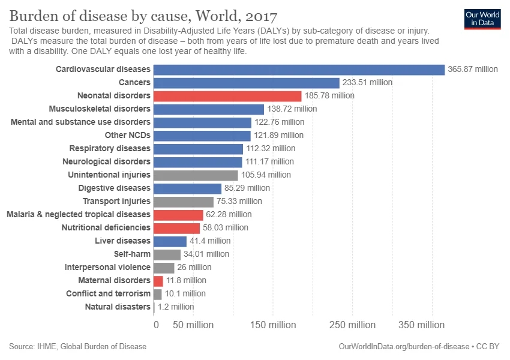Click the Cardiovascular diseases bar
pos(299,70)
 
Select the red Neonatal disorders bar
pos(227,96)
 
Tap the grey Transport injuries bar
pos(184,202)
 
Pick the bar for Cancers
pos(247,83)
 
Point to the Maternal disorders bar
pos(158,281)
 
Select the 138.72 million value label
pos(292,109)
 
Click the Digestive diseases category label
pos(114,188)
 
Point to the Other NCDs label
pos(127,136)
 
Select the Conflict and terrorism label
pos(108,294)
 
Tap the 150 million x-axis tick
pos(273,325)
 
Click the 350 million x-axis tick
pos(422,325)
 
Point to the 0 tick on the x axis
pos(156,325)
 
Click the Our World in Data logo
pos(482,19)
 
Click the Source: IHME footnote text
pos(77,347)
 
